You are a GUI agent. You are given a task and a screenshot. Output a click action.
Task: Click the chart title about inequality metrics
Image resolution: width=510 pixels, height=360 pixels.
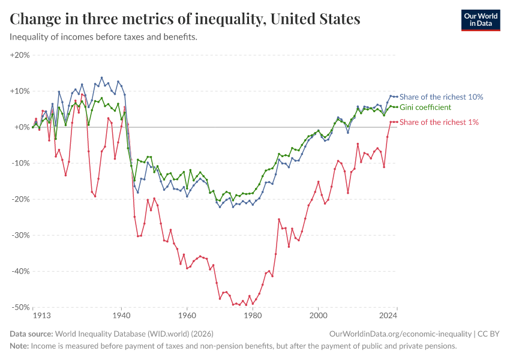click(x=185, y=19)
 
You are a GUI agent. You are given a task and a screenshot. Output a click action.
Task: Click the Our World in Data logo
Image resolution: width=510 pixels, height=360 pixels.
click(x=480, y=20)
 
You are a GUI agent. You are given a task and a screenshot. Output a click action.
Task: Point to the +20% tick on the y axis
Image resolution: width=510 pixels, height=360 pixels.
click(x=20, y=55)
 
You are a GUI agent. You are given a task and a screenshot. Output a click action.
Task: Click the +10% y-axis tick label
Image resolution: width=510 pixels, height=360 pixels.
click(x=20, y=91)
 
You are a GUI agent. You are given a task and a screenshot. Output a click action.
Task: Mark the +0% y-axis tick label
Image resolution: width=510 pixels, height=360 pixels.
click(x=22, y=127)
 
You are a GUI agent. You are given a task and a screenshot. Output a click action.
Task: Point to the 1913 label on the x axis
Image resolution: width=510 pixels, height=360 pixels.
click(x=41, y=315)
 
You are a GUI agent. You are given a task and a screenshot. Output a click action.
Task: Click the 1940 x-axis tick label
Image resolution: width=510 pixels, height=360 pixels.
click(x=121, y=315)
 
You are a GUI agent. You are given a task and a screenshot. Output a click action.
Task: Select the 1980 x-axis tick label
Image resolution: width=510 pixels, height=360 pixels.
click(x=253, y=315)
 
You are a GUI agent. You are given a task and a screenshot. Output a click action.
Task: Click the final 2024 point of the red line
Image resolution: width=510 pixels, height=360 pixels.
click(x=397, y=122)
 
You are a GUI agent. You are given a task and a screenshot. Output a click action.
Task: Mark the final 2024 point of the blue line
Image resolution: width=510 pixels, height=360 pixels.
click(x=397, y=97)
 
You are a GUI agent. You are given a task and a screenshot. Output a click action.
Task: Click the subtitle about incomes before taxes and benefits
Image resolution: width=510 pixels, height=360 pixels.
click(x=103, y=37)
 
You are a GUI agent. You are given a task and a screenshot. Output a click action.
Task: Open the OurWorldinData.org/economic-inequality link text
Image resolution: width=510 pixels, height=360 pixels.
click(x=400, y=334)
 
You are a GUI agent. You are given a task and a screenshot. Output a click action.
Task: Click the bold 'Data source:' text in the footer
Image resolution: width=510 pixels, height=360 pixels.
click(x=31, y=334)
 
